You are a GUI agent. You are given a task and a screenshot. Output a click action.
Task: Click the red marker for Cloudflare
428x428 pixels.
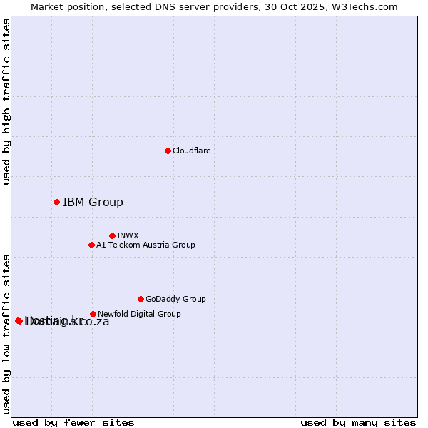(x=168, y=151)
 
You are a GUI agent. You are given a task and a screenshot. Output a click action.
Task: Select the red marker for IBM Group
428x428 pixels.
(x=56, y=202)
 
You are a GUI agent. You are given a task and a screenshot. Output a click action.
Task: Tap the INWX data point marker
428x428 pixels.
(x=112, y=235)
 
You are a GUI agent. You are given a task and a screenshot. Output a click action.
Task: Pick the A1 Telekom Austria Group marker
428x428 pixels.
(x=91, y=245)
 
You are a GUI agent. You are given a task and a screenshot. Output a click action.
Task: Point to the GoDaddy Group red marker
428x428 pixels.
(x=141, y=299)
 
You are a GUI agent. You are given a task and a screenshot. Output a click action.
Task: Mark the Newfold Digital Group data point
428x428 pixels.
(x=93, y=314)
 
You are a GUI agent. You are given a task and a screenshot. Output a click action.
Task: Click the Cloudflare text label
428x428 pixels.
(x=192, y=151)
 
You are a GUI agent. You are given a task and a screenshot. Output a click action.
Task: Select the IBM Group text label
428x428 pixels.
(x=93, y=202)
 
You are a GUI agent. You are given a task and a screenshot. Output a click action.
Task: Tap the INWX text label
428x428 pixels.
(x=128, y=235)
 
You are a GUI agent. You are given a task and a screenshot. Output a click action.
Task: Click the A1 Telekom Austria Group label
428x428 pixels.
(x=146, y=245)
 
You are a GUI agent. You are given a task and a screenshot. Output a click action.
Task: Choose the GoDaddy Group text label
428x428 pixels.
(x=175, y=299)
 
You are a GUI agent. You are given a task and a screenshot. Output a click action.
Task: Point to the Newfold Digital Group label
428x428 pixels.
(x=139, y=314)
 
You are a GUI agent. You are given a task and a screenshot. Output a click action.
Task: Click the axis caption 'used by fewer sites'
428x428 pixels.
(x=73, y=422)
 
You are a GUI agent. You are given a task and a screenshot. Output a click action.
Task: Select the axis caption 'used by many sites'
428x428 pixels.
(x=358, y=422)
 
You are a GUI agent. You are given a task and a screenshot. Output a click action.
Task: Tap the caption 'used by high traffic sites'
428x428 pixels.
(x=7, y=101)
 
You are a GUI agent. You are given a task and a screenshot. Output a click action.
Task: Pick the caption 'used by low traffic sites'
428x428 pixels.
(x=7, y=333)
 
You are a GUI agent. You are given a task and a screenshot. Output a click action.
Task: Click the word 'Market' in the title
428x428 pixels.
(x=47, y=6)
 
